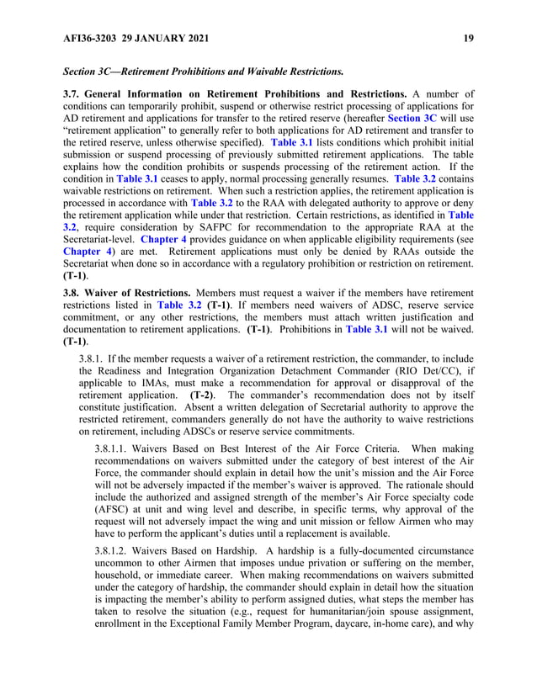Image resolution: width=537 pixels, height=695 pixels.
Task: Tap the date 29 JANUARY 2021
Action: (x=163, y=38)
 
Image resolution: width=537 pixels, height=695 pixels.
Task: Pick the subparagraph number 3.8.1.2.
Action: (x=115, y=551)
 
